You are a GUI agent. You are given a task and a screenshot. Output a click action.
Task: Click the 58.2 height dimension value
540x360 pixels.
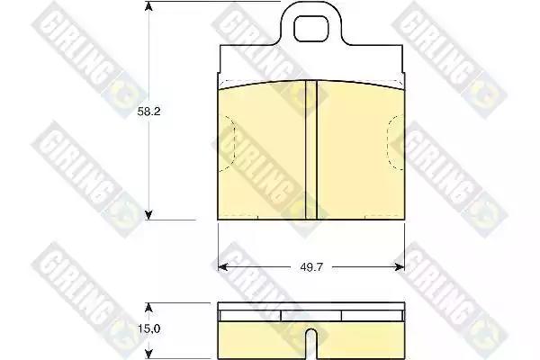pyautogui.click(x=148, y=112)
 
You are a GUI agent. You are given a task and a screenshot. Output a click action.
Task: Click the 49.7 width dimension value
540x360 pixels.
pyautogui.click(x=311, y=267)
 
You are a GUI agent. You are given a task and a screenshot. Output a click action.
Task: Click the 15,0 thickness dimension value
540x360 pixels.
pyautogui.click(x=149, y=329)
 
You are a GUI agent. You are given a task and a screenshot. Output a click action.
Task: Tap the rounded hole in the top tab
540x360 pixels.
pyautogui.click(x=310, y=29)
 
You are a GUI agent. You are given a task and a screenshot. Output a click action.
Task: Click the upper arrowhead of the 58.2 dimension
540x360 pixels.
pyautogui.click(x=148, y=6)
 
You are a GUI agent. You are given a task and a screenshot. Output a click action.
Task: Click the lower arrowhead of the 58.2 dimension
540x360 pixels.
pyautogui.click(x=148, y=215)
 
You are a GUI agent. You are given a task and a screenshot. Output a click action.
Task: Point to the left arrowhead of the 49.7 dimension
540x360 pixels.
pyautogui.click(x=223, y=267)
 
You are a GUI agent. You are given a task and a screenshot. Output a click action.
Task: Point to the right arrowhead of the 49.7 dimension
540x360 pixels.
pyautogui.click(x=400, y=267)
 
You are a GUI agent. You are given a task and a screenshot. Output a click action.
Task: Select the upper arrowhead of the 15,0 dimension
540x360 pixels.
pyautogui.click(x=148, y=308)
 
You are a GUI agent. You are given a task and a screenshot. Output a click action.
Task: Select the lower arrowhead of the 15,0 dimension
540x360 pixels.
pyautogui.click(x=148, y=354)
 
